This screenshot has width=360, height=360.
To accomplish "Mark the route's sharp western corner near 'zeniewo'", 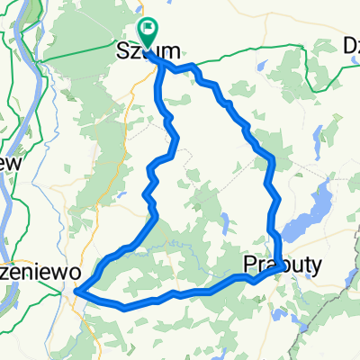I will pos(76,291).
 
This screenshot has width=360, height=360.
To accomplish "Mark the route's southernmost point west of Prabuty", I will pos(126,307).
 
